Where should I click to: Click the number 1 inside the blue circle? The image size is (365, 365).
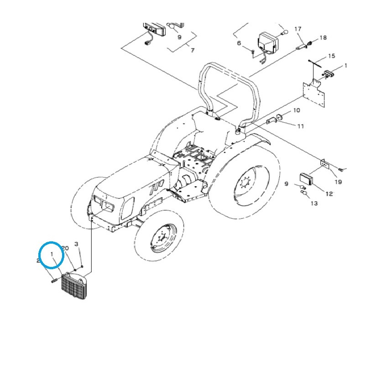coord(52,253)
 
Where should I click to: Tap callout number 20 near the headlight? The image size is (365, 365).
coord(65,248)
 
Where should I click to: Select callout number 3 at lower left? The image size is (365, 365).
coord(77,245)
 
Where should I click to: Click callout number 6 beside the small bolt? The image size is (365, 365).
coord(239,43)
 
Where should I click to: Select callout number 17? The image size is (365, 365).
coord(297,29)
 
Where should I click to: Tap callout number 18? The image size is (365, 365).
coord(323,37)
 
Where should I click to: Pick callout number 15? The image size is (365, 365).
coord(331,56)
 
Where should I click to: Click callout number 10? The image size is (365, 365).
coord(297,110)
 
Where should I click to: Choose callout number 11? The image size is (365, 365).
coord(300,126)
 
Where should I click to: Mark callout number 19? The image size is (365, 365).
coord(338,182)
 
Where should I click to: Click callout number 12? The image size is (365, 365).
coord(329,193)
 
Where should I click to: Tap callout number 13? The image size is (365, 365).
coord(314,203)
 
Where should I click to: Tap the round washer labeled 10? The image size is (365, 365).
coord(280,117)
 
